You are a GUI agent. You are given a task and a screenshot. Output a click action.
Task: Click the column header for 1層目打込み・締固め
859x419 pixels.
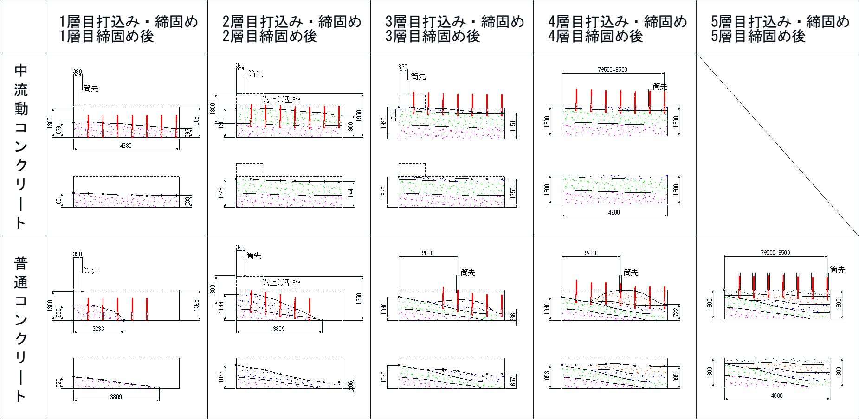(129, 28)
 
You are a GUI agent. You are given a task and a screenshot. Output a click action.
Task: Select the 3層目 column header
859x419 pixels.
(454, 28)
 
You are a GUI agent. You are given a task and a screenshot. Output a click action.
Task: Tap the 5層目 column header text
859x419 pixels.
(780, 28)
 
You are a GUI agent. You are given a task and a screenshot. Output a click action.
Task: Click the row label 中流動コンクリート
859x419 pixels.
(21, 146)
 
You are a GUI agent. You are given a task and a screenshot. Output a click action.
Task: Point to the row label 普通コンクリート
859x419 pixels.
(21, 329)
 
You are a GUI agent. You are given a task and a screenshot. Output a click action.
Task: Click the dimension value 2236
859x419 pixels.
(98, 329)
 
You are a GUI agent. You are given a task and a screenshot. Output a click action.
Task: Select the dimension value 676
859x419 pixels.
(58, 130)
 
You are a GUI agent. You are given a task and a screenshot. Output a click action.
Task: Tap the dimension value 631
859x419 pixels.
(58, 200)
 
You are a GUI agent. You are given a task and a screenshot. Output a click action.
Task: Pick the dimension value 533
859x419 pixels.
(187, 201)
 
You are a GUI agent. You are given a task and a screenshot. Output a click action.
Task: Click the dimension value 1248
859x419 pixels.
(221, 192)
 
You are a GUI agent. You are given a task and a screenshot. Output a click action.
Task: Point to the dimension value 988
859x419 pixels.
(350, 126)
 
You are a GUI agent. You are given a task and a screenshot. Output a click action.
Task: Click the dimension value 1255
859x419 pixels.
(513, 193)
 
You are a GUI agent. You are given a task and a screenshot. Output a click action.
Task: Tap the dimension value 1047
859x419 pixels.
(221, 376)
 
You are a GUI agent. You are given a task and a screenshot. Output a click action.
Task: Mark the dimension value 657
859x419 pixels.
(513, 381)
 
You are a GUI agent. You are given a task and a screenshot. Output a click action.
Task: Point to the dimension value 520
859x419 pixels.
(58, 383)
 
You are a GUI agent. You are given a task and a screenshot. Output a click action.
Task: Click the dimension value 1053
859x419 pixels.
(547, 376)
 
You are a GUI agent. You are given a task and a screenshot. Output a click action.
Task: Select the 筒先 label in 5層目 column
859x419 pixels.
(837, 270)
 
